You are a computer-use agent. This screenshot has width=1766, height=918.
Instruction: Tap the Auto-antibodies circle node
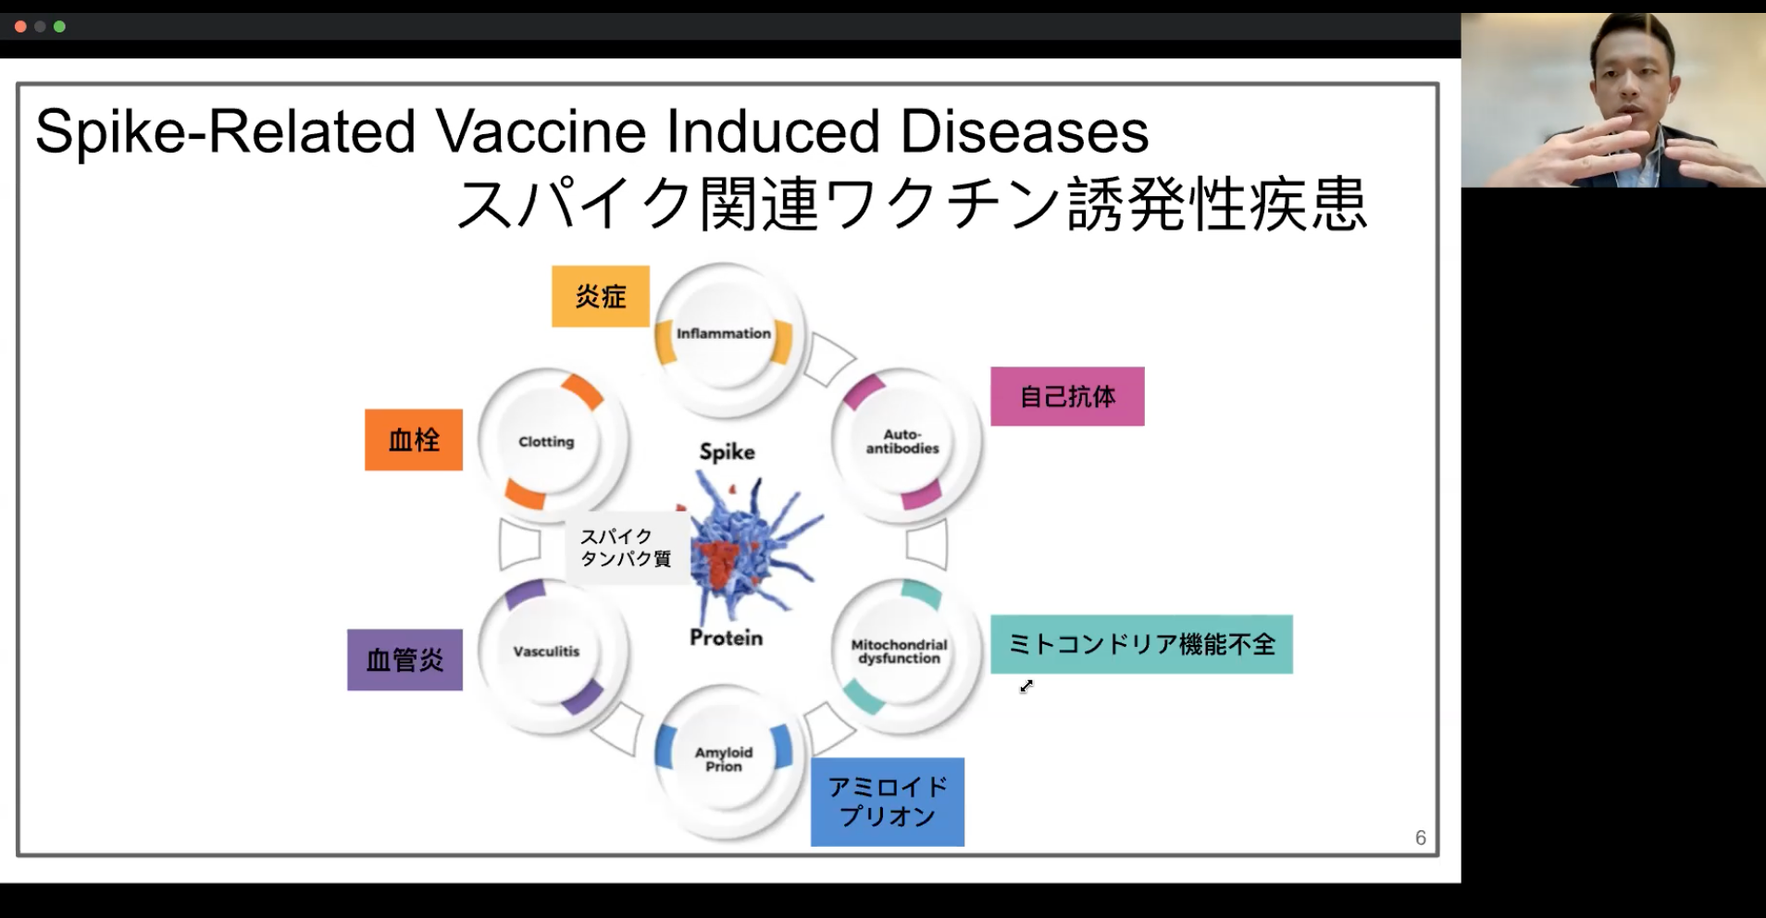coord(903,443)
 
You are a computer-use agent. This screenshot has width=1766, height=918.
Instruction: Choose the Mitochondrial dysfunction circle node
coord(903,653)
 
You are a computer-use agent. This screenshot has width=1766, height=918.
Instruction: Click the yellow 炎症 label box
coord(601,296)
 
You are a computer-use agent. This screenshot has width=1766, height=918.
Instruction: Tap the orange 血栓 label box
coord(414,440)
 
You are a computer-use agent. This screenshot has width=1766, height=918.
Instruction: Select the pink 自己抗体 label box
coord(1067,396)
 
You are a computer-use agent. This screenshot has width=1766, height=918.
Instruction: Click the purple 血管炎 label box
coord(404,660)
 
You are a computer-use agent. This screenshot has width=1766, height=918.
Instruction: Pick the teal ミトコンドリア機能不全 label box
coord(1141,644)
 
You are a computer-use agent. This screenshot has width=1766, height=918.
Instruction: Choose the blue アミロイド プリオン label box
coord(888,801)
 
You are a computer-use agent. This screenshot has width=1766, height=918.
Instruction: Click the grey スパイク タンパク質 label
coord(627,548)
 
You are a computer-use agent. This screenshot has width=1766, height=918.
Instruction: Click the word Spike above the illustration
coord(727,452)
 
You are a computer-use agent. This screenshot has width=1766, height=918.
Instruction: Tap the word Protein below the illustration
coord(727,638)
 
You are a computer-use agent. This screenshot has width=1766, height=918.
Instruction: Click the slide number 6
coord(1421,837)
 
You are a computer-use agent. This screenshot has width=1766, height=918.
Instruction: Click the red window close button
coord(19,27)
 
